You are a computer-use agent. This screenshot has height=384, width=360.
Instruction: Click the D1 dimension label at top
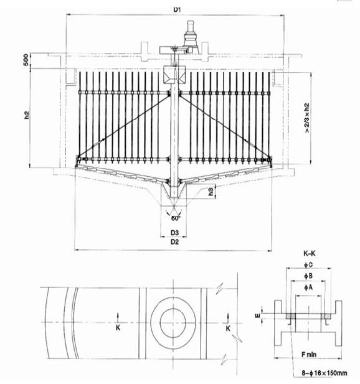[177, 9]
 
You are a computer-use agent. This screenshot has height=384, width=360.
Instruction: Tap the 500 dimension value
[26, 60]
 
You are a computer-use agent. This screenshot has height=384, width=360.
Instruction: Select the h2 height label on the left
[26, 115]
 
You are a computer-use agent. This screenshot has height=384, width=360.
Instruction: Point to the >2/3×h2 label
[306, 118]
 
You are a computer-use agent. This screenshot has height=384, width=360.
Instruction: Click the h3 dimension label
[211, 191]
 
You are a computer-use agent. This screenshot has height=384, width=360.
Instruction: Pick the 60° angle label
[176, 218]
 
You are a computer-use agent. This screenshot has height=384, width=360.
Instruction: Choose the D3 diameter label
[175, 232]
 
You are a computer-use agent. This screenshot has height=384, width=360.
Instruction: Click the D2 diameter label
[174, 242]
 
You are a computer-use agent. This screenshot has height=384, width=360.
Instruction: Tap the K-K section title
[310, 253]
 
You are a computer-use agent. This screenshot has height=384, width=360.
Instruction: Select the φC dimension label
[308, 265]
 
